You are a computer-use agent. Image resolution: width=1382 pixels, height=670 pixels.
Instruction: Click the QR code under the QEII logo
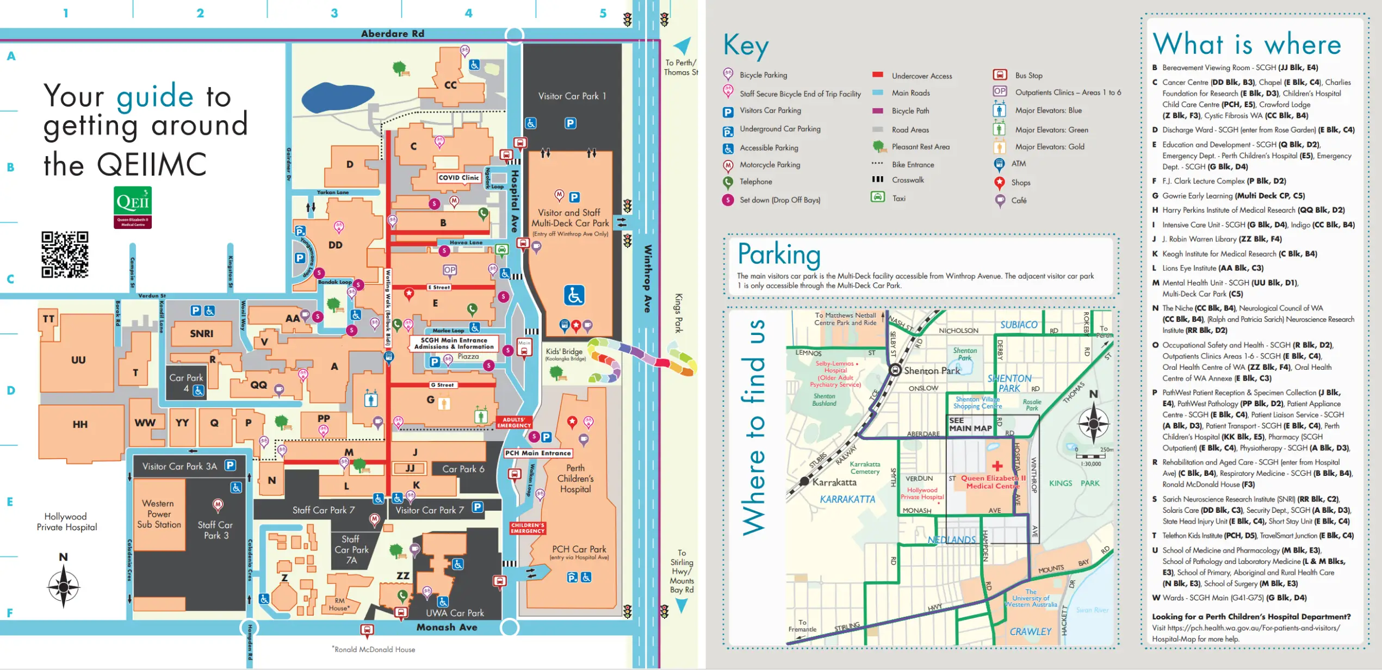pyautogui.click(x=65, y=255)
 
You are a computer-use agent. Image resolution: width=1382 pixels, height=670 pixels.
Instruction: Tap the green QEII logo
pyautogui.click(x=133, y=207)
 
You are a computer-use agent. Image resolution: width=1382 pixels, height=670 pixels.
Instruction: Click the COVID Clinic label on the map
pyautogui.click(x=458, y=178)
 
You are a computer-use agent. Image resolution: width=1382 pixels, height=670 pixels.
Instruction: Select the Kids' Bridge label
pyautogui.click(x=565, y=353)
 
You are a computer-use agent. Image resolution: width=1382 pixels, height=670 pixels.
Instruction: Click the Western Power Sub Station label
pyautogui.click(x=158, y=514)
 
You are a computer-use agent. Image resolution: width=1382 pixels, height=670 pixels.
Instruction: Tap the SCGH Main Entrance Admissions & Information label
pyautogui.click(x=454, y=343)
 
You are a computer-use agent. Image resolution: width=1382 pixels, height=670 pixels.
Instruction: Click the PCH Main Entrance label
pyautogui.click(x=537, y=453)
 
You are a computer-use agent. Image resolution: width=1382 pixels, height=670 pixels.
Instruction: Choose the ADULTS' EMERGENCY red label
pyautogui.click(x=513, y=423)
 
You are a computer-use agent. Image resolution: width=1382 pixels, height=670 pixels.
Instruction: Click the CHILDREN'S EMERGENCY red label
pyautogui.click(x=527, y=528)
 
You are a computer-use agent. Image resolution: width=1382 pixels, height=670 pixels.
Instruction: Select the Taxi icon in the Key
pyautogui.click(x=877, y=197)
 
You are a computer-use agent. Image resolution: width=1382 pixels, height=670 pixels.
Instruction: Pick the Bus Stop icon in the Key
pyautogui.click(x=1000, y=75)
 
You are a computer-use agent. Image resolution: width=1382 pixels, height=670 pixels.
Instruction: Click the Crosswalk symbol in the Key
pyautogui.click(x=877, y=179)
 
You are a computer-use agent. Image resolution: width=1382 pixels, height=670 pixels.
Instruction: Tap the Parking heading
pyautogui.click(x=779, y=255)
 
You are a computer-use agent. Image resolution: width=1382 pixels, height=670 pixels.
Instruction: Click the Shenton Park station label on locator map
pyautogui.click(x=932, y=371)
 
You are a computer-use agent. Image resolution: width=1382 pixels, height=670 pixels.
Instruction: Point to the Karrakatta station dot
pyautogui.click(x=805, y=481)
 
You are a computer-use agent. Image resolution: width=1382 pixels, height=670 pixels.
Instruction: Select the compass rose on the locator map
pyautogui.click(x=1093, y=423)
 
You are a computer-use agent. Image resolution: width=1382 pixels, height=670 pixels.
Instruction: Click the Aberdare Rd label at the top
pyautogui.click(x=392, y=34)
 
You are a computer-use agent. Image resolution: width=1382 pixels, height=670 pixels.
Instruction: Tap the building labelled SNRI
pyautogui.click(x=201, y=333)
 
